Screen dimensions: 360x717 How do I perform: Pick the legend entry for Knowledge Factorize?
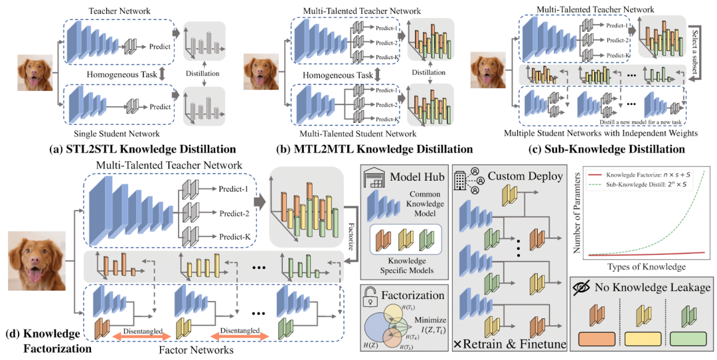pos(641,172)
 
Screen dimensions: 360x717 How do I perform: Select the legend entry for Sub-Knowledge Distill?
pos(644,183)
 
